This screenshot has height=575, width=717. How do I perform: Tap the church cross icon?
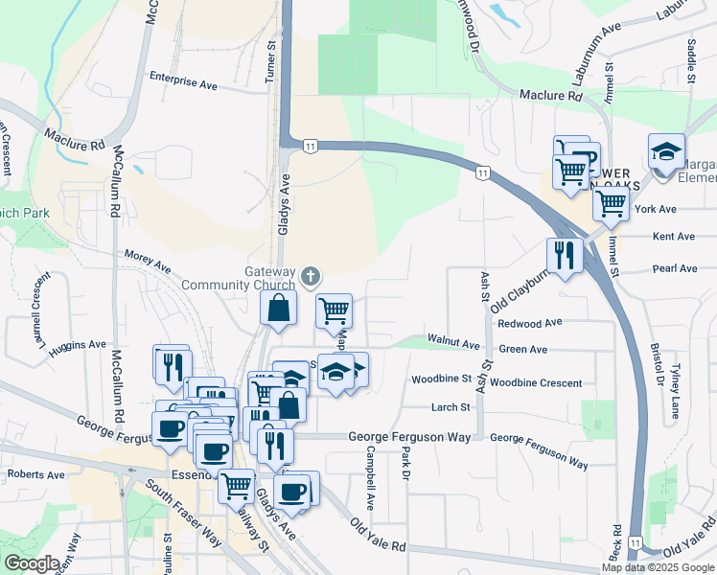[x=310, y=278]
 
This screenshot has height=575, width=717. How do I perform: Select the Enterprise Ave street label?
[x=183, y=84]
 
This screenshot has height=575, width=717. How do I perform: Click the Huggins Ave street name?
[x=83, y=344]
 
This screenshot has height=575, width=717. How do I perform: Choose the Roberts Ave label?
[x=35, y=474]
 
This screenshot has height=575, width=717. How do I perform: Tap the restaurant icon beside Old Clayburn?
[x=565, y=255]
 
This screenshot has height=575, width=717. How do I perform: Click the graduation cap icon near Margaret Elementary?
[x=666, y=150]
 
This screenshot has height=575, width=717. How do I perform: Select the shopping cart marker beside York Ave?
[x=611, y=202]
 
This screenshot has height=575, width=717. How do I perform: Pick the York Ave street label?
[x=656, y=209]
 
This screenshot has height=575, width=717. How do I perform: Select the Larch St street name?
[x=451, y=407]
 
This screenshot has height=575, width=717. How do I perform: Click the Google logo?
[x=32, y=563]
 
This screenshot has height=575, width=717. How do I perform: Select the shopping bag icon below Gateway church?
[x=278, y=308]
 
